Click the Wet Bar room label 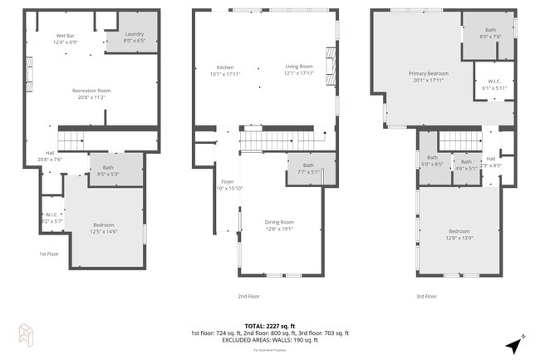pos(66,36)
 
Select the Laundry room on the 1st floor pos(135,37)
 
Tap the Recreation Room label pos(91,90)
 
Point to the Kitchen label pos(225,67)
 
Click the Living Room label pos(298,67)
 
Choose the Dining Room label pos(279,222)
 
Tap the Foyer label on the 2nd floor pos(227,181)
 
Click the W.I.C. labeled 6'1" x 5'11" pos(494,84)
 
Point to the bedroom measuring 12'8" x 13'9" pos(460,234)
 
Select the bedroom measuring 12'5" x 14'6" pos(104,226)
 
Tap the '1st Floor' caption pos(49,254)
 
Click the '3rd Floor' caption pos(425,295)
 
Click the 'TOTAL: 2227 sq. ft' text pos(270,326)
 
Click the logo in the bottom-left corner pos(26,334)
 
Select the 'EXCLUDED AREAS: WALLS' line pos(270,340)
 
